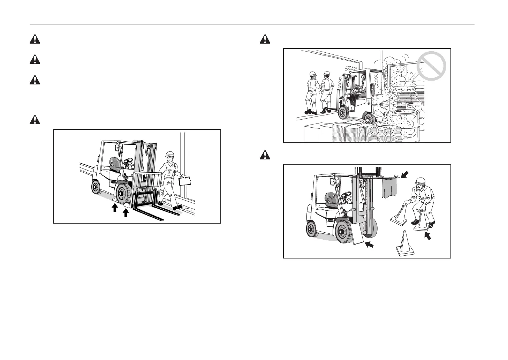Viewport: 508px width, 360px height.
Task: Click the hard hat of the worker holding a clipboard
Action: tap(170, 154)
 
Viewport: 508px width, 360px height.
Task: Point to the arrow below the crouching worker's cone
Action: tap(427, 235)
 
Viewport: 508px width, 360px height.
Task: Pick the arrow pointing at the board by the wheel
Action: tap(370, 245)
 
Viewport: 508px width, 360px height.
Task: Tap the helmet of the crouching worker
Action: tap(420, 181)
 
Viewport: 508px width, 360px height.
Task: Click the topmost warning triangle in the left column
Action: tap(35, 39)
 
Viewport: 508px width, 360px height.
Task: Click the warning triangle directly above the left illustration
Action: tap(35, 120)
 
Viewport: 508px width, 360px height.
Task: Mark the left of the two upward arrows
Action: tap(114, 208)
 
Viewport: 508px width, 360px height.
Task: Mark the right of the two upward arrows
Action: tap(126, 212)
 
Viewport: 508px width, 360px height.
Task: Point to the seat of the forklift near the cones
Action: tap(331, 202)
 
